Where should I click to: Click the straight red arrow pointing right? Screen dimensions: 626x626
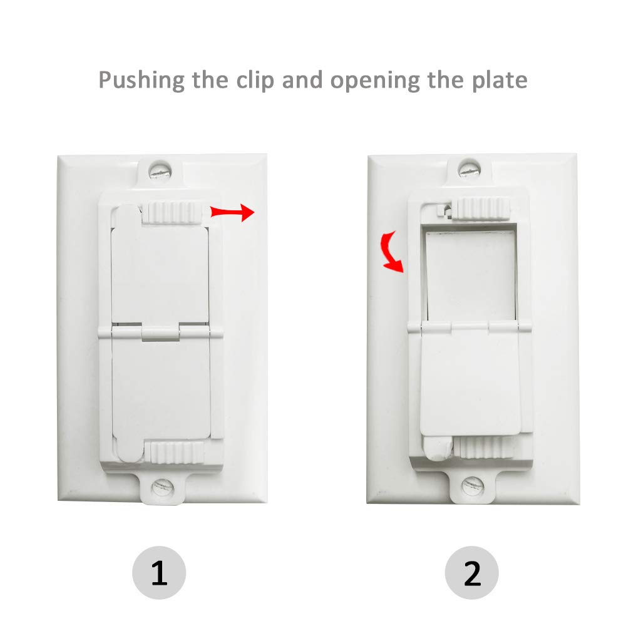[x=232, y=212]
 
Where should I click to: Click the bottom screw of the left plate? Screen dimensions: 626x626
[x=162, y=485]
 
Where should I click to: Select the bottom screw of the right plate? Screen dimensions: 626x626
[x=471, y=485]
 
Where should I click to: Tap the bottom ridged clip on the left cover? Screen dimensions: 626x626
[x=174, y=451]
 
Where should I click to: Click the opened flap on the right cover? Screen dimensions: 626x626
[x=469, y=382]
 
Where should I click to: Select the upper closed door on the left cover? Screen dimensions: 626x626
[x=160, y=269]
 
